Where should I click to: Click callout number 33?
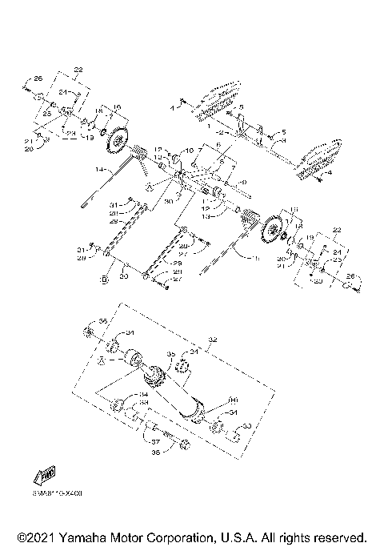tap(246, 426)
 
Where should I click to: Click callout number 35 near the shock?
tap(170, 353)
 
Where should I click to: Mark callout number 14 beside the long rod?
tap(99, 170)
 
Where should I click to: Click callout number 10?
tap(189, 150)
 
